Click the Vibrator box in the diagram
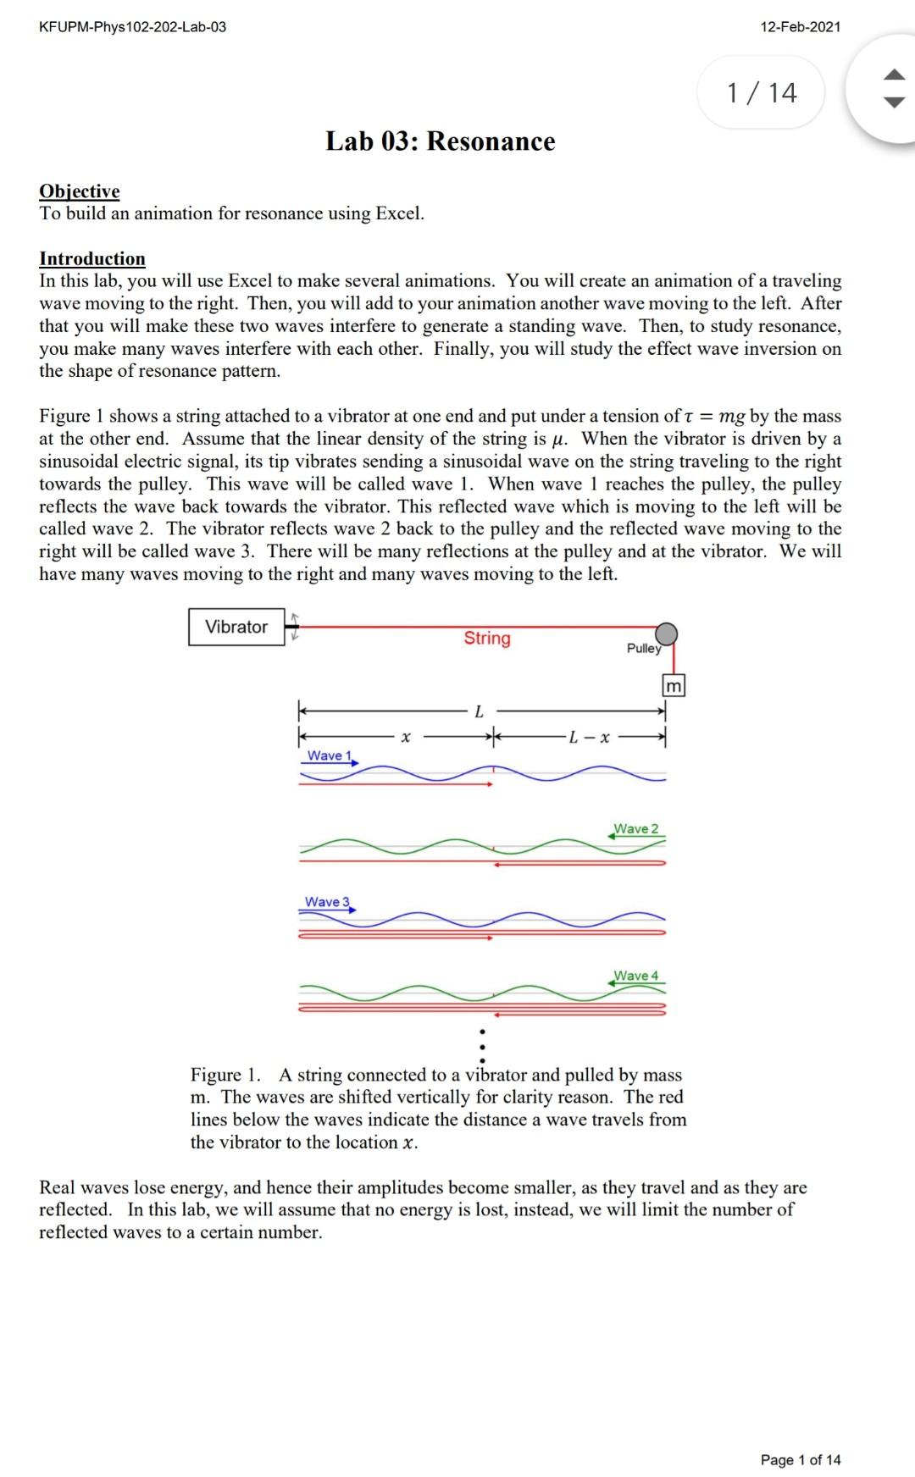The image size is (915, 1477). [x=236, y=627]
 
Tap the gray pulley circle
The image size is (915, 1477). [x=667, y=633]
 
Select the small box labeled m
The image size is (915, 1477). [x=674, y=686]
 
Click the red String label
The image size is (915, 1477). [x=487, y=639]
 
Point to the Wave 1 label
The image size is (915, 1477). [x=326, y=755]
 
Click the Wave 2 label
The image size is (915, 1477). [x=635, y=828]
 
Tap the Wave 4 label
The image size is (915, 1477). [x=635, y=976]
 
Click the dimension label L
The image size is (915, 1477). [x=480, y=712]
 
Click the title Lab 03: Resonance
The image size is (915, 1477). [x=441, y=141]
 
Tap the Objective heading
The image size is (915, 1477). [x=80, y=191]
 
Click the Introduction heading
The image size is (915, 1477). [x=92, y=259]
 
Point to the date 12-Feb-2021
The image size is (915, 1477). [x=801, y=27]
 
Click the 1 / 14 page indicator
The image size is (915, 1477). [x=762, y=92]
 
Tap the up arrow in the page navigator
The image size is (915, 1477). [x=895, y=76]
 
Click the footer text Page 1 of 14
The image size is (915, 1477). [x=801, y=1459]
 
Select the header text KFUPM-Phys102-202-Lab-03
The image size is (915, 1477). [x=133, y=27]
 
